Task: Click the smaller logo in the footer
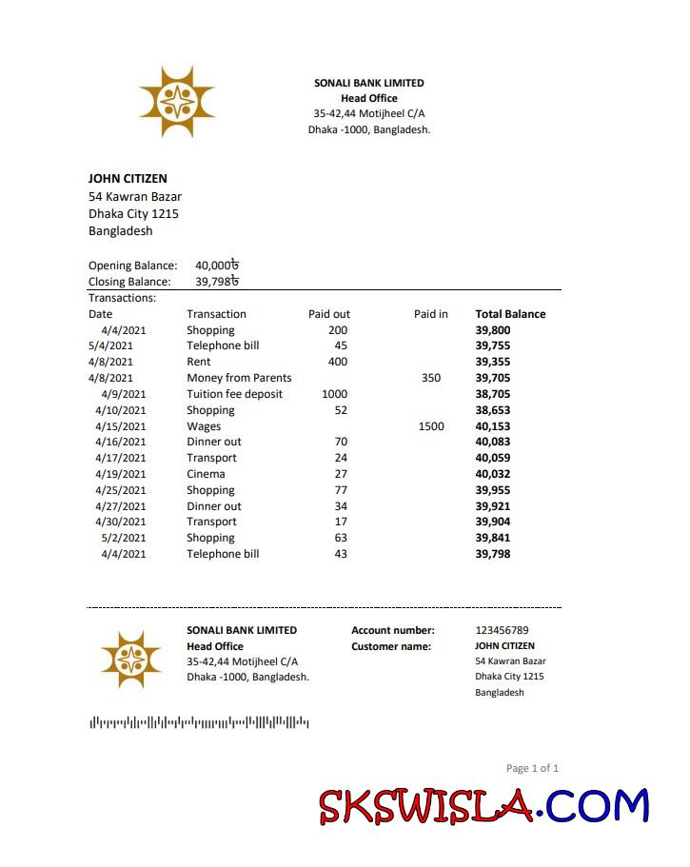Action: [x=130, y=660]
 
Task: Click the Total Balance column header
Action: [x=510, y=314]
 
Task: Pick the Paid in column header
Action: [x=430, y=314]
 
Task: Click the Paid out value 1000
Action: [x=334, y=394]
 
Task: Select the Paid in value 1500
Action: [x=430, y=426]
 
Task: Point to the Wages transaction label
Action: [x=204, y=426]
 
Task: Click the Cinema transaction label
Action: [x=206, y=474]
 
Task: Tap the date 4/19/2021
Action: [x=121, y=474]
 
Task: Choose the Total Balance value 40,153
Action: [x=493, y=426]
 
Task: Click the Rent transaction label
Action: [x=199, y=362]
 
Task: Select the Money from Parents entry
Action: [x=239, y=378]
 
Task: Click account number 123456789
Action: [x=502, y=630]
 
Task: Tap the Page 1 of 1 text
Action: [x=532, y=768]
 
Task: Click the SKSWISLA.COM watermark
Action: [x=483, y=806]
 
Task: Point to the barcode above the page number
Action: [x=199, y=723]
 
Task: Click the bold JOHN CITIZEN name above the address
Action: [x=128, y=178]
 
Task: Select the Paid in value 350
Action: [x=430, y=378]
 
